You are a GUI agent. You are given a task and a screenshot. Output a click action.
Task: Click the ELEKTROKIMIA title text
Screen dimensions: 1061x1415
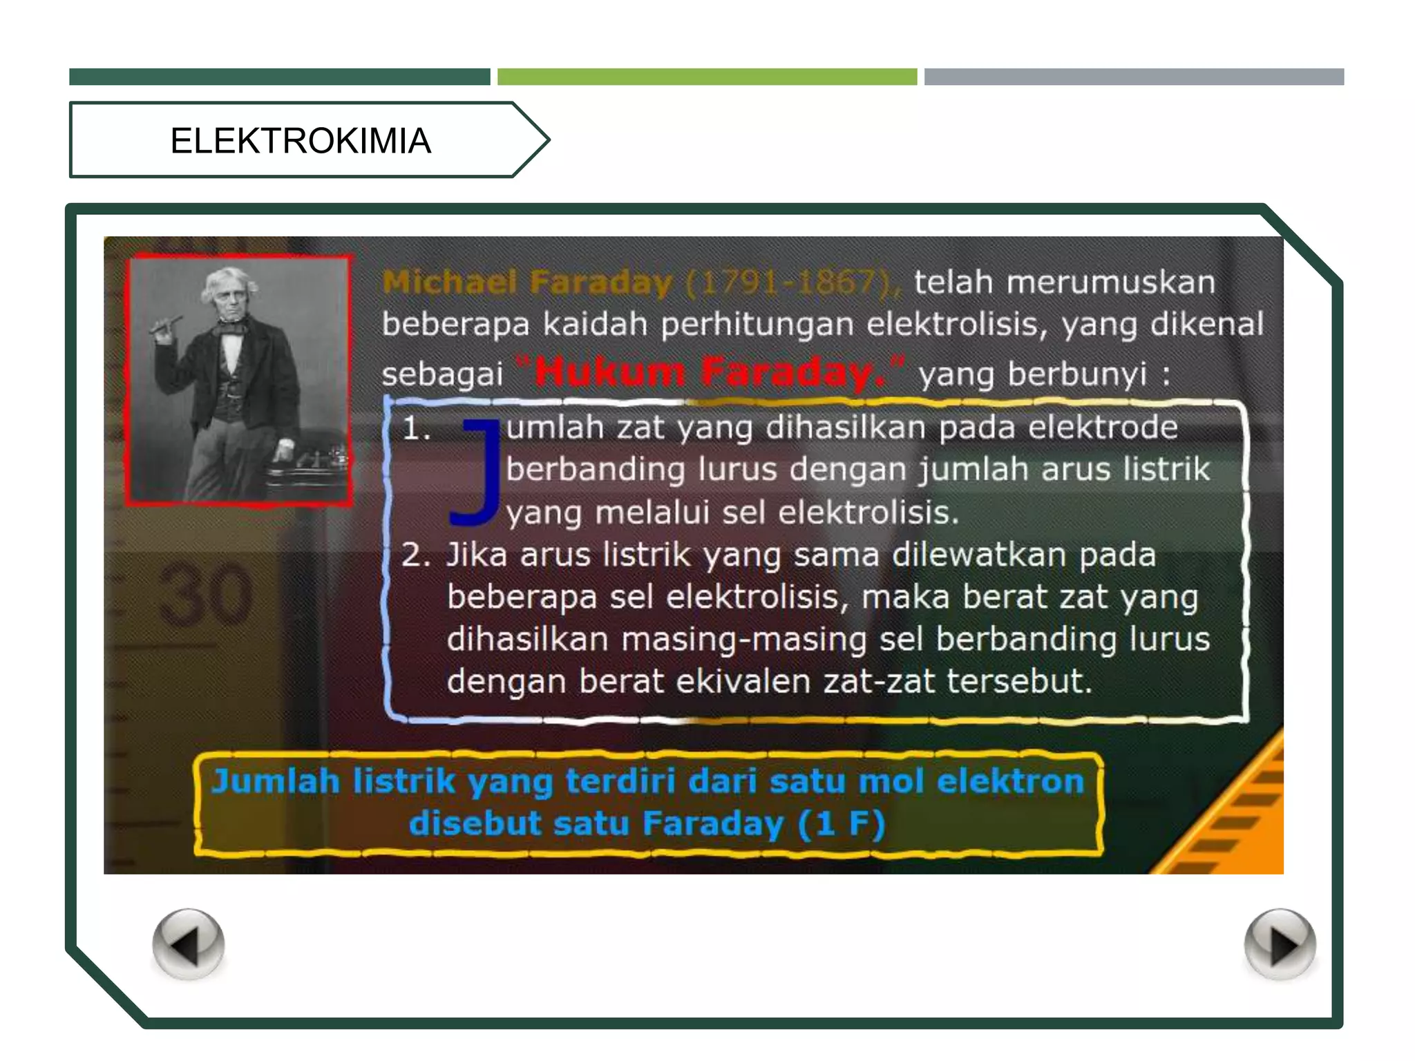point(301,141)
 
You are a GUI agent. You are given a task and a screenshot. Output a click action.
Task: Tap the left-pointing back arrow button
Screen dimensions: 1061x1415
point(188,944)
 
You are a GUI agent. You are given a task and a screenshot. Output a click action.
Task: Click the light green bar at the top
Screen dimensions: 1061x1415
point(707,77)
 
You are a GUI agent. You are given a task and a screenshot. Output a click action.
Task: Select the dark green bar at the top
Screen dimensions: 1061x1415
point(279,77)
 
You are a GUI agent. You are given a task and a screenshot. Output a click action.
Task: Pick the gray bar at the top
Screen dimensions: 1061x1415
point(1134,77)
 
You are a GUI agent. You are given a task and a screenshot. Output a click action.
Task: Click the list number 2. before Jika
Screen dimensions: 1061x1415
point(416,555)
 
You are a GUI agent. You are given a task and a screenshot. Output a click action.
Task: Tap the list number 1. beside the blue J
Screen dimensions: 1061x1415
point(416,429)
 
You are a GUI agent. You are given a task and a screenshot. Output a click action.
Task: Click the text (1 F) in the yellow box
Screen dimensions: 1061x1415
point(841,823)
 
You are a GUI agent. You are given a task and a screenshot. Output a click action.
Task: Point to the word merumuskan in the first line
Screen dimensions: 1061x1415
point(1110,283)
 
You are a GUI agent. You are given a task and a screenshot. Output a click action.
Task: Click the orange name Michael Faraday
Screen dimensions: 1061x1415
point(527,283)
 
